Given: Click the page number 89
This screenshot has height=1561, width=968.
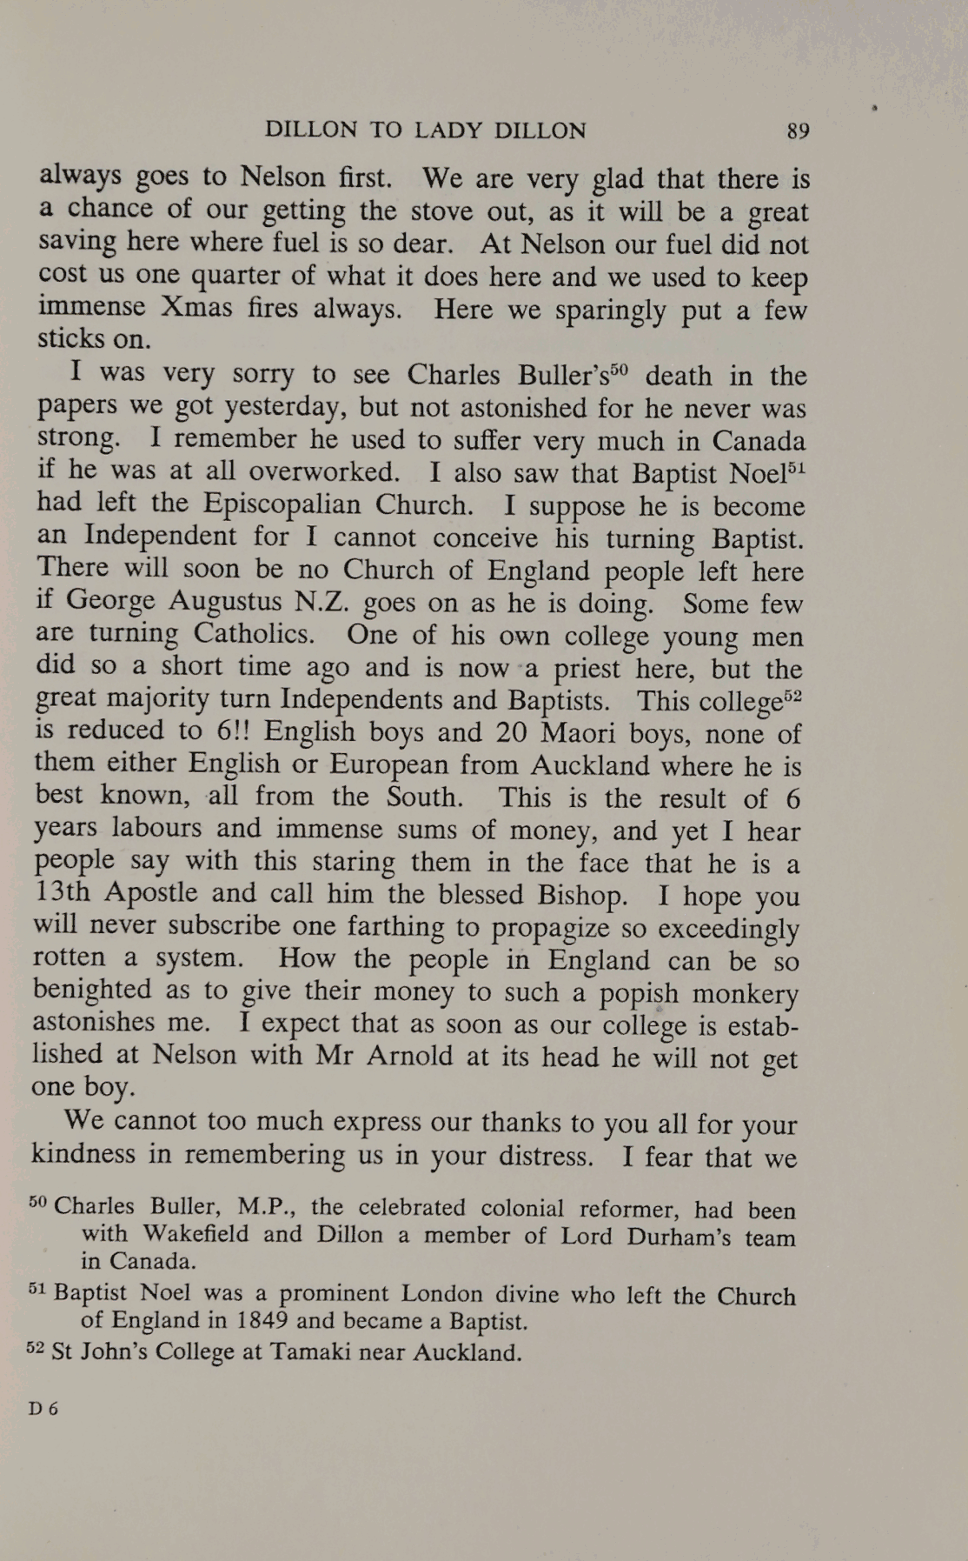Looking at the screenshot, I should coord(798,131).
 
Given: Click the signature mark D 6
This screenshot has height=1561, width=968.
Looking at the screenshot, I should coord(43,1409).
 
